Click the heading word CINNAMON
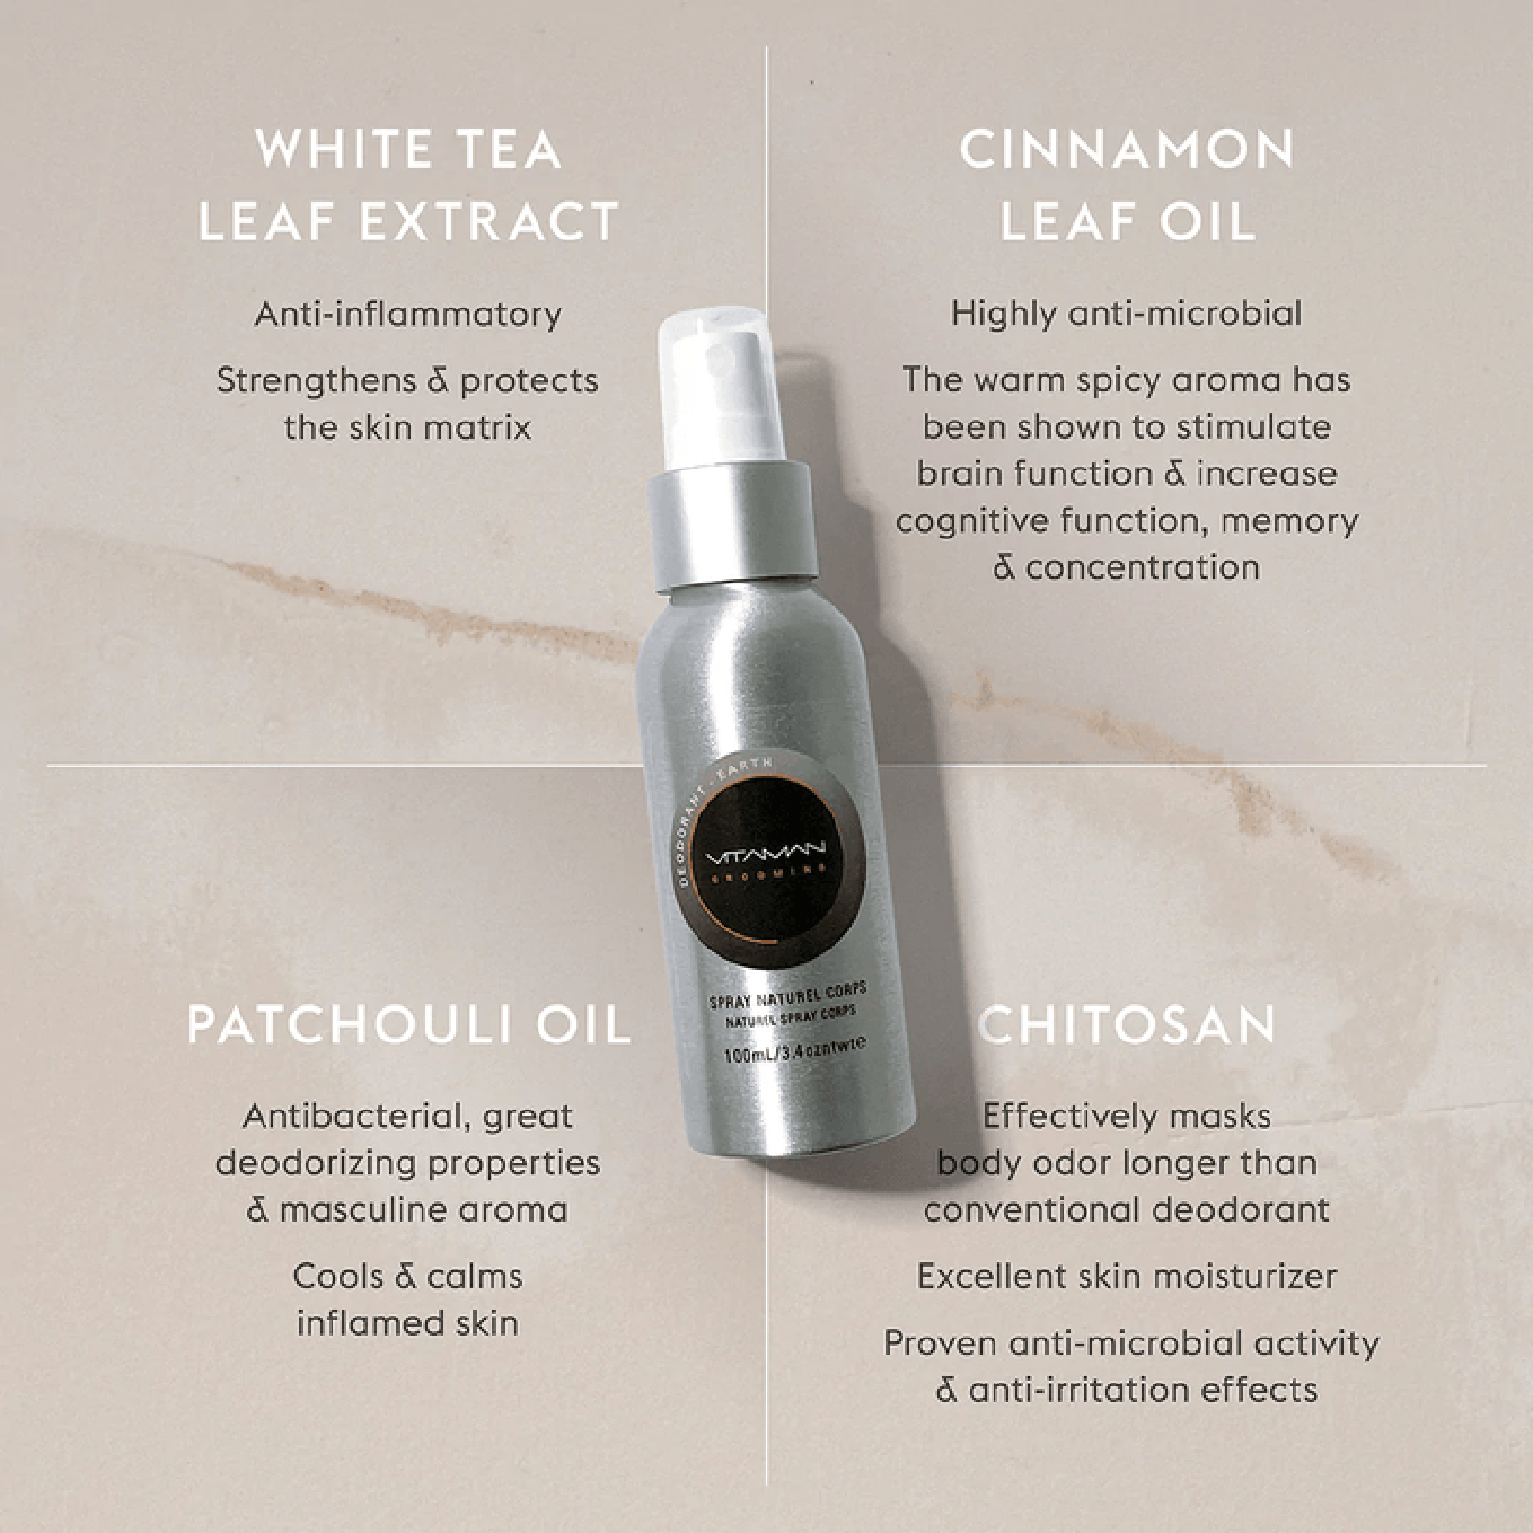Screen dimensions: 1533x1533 pyautogui.click(x=1126, y=150)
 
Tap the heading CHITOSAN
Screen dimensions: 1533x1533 pyautogui.click(x=1127, y=1025)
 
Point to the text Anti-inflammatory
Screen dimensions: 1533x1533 pyautogui.click(x=408, y=314)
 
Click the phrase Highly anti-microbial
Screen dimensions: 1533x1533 pyautogui.click(x=1127, y=313)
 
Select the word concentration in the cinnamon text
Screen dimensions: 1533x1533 pyautogui.click(x=1142, y=568)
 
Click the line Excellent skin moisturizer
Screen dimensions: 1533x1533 pyautogui.click(x=1127, y=1276)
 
